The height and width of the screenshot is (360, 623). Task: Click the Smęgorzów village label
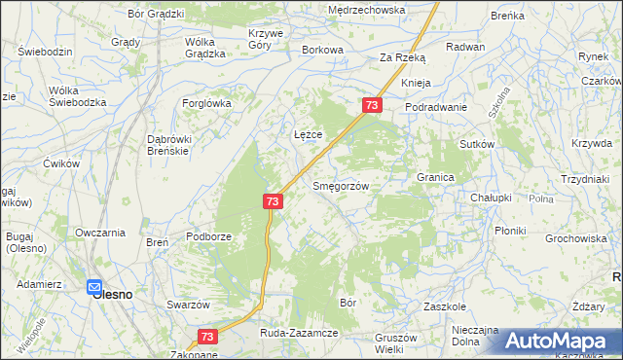click(x=340, y=185)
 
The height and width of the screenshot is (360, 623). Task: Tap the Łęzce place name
click(x=309, y=134)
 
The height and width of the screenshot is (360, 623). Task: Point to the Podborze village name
click(x=208, y=237)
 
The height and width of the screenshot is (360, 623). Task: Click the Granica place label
click(x=436, y=178)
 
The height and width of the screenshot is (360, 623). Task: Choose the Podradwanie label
click(x=436, y=107)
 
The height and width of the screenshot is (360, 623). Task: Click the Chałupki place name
click(x=491, y=198)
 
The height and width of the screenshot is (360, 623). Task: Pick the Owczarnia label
click(x=100, y=233)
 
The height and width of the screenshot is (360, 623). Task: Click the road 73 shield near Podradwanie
click(x=372, y=104)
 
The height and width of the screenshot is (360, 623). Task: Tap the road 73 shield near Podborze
click(x=273, y=200)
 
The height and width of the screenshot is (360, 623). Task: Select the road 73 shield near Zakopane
click(x=206, y=336)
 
